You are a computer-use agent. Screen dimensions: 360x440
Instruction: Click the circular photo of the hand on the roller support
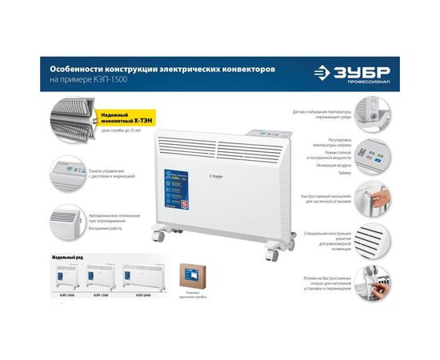coord(371,280)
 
